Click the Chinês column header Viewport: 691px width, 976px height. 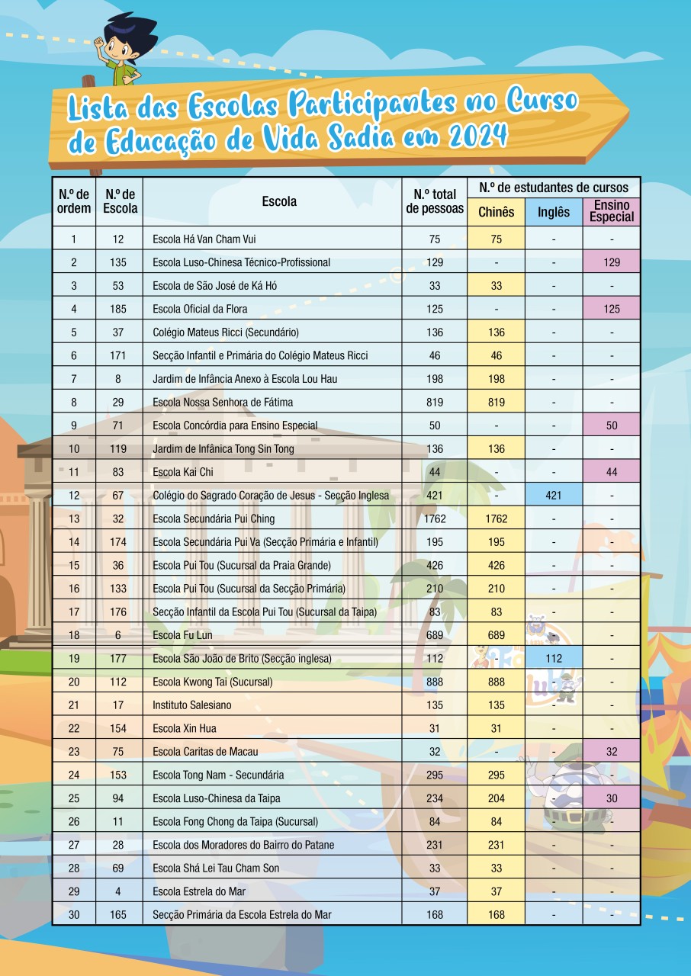(x=496, y=212)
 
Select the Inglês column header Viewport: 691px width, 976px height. (x=554, y=212)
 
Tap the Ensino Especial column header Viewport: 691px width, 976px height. (x=612, y=211)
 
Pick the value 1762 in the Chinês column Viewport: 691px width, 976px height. (x=496, y=519)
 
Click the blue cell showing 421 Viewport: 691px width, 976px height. (x=554, y=496)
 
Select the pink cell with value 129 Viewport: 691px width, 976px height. (x=612, y=262)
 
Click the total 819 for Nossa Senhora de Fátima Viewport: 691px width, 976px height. (x=435, y=402)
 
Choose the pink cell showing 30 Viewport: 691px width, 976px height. (x=612, y=798)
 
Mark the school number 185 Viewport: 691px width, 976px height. (x=118, y=309)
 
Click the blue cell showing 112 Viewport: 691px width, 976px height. (x=554, y=659)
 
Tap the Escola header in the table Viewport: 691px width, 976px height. (x=279, y=201)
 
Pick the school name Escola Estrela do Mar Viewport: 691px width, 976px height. (x=199, y=891)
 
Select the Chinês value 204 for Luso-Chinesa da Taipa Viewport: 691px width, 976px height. (x=496, y=798)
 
